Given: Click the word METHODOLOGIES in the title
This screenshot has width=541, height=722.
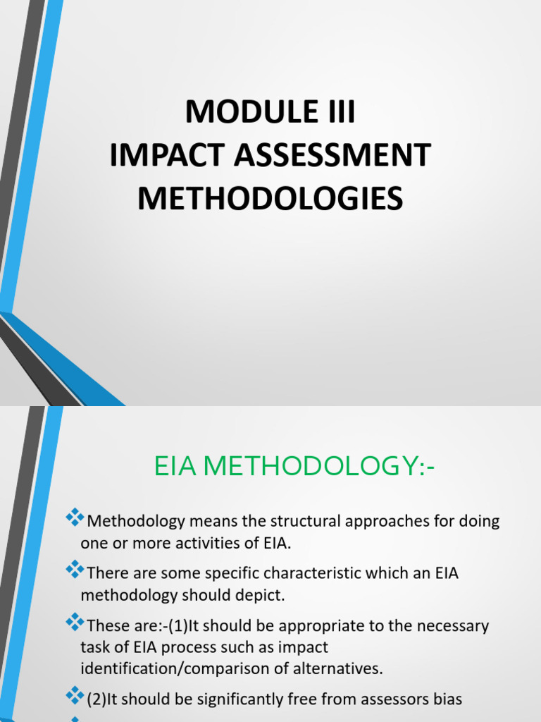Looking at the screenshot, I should click(270, 198).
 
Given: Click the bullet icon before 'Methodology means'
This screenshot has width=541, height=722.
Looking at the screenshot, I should click(74, 519).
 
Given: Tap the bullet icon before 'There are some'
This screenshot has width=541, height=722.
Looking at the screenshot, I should click(74, 570).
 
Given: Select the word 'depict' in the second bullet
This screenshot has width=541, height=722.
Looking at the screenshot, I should click(261, 594).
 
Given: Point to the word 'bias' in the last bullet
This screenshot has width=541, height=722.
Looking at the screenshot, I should click(447, 700).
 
